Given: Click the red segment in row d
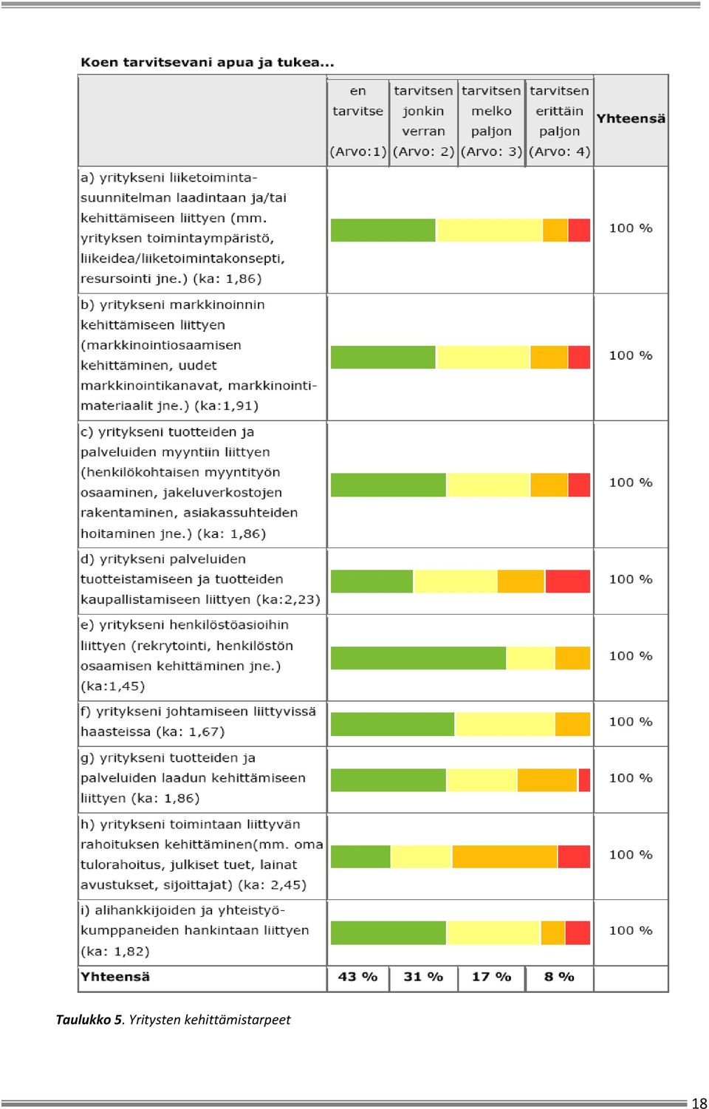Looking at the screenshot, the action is (x=567, y=581).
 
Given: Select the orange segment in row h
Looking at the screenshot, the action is (x=504, y=856).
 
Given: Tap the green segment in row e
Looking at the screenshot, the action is (x=418, y=658).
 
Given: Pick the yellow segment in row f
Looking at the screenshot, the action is (x=504, y=724).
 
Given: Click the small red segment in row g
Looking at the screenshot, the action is (x=584, y=780).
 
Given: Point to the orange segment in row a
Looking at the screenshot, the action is (x=555, y=231).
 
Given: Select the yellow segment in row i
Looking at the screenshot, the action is (x=493, y=932).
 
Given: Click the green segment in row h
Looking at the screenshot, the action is (x=360, y=856).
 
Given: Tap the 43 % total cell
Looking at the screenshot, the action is (x=357, y=977).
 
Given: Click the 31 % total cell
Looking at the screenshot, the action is (x=423, y=977).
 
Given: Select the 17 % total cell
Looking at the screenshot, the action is (x=491, y=977).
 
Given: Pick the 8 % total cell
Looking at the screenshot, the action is (x=559, y=977).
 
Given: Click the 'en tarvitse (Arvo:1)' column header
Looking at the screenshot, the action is (x=357, y=121).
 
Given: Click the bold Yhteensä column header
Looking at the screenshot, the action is (x=631, y=119).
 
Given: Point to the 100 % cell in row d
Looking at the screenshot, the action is (x=631, y=579).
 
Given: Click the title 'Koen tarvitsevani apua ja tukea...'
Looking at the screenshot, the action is (x=208, y=62).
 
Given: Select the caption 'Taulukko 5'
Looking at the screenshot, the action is (x=89, y=1020).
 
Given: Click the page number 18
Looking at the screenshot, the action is (x=699, y=1103).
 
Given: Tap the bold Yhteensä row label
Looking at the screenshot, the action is (x=114, y=977).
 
